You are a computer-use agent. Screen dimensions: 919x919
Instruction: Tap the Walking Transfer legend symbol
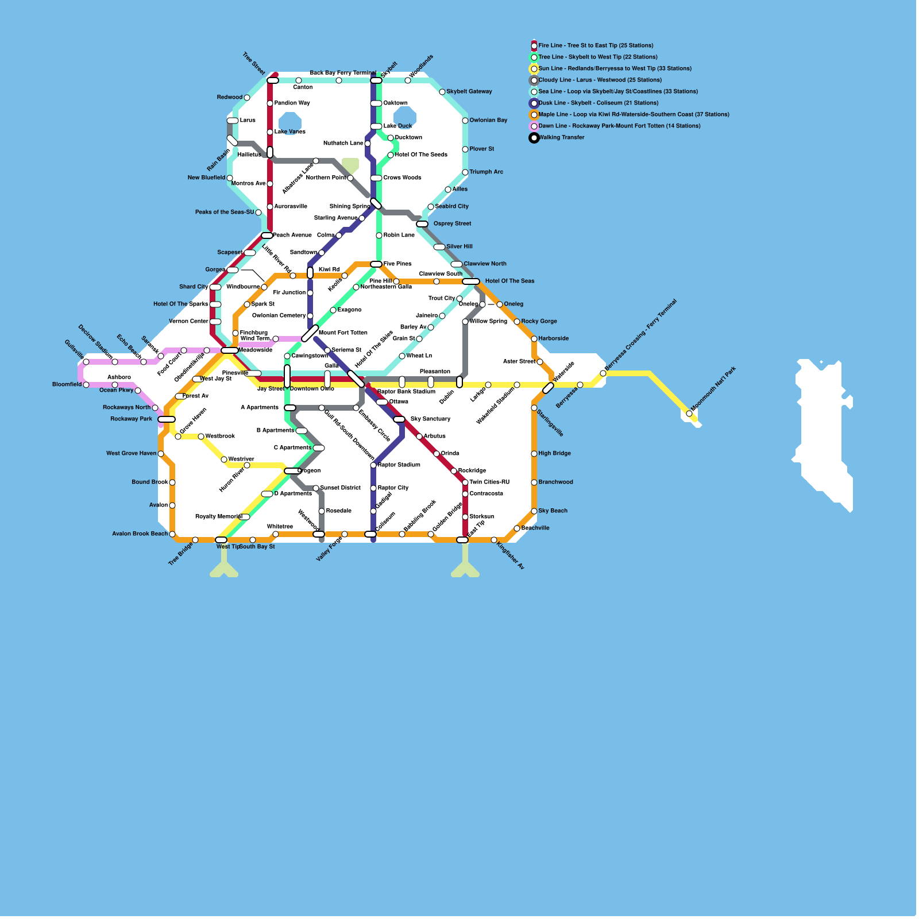[534, 138]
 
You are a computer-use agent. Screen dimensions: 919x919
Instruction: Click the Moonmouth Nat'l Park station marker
[689, 414]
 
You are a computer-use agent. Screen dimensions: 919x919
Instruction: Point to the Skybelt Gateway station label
[469, 91]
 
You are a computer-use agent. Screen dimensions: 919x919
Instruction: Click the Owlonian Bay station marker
[465, 121]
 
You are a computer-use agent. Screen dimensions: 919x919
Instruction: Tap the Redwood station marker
[247, 98]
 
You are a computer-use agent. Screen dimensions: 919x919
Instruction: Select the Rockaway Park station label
[132, 419]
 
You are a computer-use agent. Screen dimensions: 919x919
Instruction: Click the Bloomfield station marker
[86, 385]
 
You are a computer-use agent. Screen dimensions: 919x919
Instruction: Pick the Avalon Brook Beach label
[140, 534]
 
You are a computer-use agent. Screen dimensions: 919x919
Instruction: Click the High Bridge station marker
[534, 454]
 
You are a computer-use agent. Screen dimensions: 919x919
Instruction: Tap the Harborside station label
[554, 338]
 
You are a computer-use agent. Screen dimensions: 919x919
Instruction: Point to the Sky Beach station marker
[534, 511]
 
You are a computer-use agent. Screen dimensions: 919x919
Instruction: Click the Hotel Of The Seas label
[509, 281]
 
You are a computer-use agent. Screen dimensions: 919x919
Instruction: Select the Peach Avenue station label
[292, 235]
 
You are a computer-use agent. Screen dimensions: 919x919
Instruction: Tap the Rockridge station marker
[454, 471]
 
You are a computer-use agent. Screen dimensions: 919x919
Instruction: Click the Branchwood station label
[555, 482]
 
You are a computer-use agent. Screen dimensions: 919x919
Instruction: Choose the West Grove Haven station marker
[161, 454]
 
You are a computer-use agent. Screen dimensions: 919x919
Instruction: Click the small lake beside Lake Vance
[289, 122]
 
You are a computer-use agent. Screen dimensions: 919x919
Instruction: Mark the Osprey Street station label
[452, 223]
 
